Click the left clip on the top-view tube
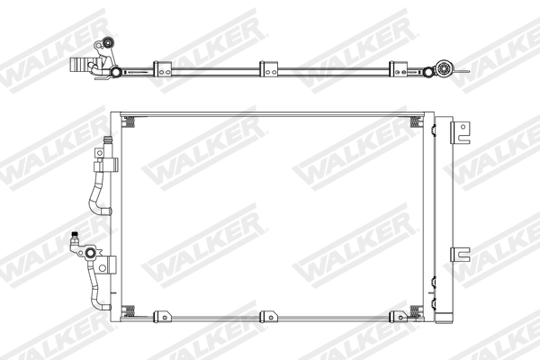(162, 67)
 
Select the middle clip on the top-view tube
(267, 67)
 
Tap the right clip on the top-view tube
(396, 67)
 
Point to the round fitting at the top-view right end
(443, 67)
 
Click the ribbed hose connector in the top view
(82, 65)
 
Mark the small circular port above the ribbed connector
(109, 42)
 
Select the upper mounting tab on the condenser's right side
(463, 134)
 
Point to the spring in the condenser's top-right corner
(415, 121)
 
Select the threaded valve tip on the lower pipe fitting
(75, 238)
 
